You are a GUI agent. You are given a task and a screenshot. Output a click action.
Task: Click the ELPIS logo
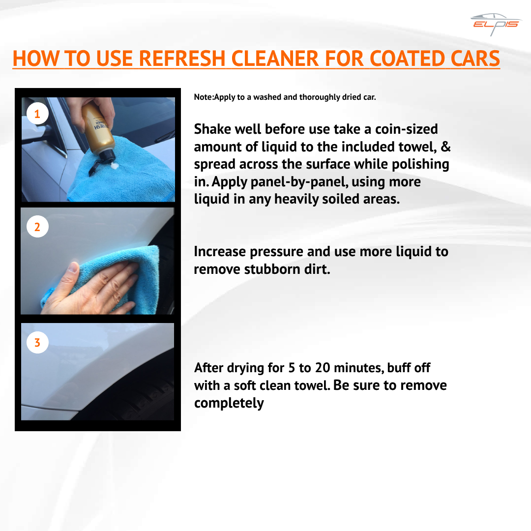[495, 24]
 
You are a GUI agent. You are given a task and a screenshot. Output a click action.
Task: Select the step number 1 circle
[37, 115]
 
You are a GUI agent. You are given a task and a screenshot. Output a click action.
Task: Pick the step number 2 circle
[37, 227]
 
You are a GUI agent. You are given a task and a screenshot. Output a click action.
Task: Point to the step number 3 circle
[37, 342]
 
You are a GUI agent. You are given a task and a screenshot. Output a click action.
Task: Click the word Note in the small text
[203, 97]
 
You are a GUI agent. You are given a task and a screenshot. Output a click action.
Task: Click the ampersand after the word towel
[446, 147]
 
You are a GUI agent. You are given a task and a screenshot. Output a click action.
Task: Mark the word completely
[229, 403]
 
